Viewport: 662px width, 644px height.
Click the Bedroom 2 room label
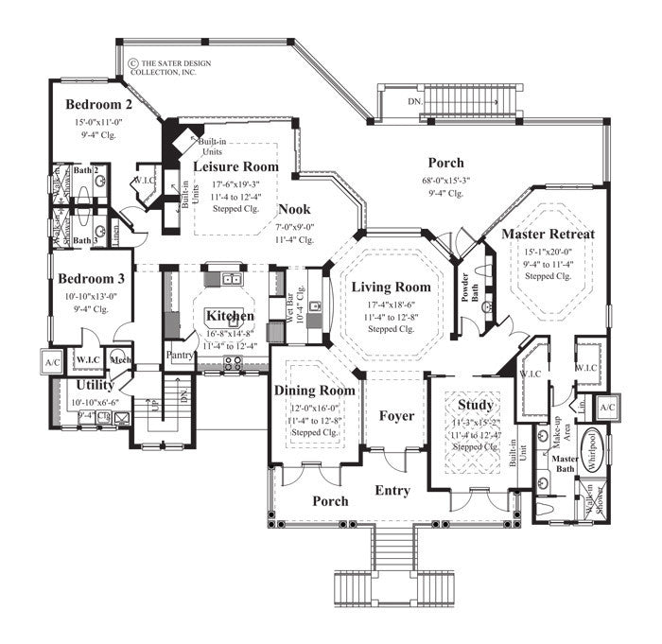tap(99, 104)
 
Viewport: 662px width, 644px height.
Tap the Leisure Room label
tap(236, 166)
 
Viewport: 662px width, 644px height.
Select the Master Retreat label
tap(548, 234)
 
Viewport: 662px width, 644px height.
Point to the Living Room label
tap(391, 287)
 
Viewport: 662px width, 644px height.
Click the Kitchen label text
tap(230, 315)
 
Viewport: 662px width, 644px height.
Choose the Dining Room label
tap(315, 390)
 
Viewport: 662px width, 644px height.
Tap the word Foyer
tap(396, 415)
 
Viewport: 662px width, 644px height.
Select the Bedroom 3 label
tap(93, 279)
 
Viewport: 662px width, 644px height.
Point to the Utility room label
tap(95, 385)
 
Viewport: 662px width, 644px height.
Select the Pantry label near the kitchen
tap(180, 356)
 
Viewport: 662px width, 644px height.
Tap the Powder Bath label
tap(464, 293)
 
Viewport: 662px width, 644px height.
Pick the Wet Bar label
tap(279, 309)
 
